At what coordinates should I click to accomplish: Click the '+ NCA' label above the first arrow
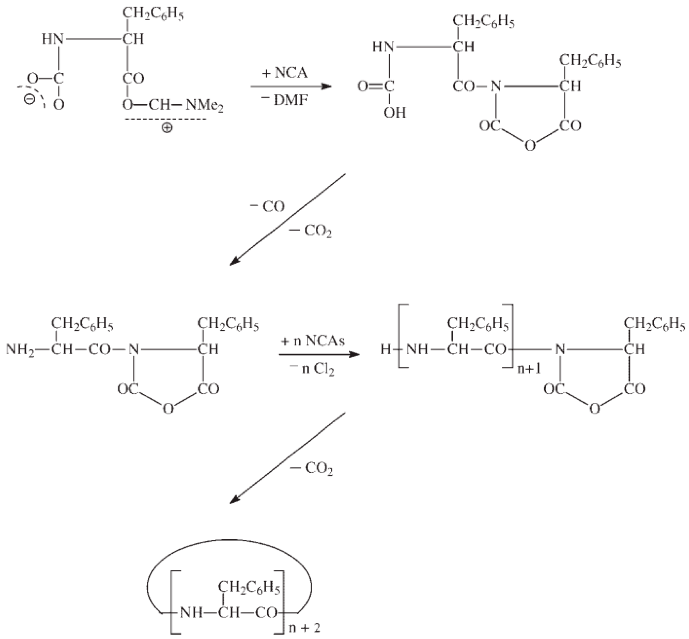[x=285, y=73]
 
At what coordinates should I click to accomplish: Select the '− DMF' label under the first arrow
[x=285, y=100]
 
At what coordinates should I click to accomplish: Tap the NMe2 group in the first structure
[x=204, y=105]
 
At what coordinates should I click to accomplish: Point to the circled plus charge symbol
[x=167, y=128]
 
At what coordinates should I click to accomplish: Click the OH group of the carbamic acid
[x=395, y=113]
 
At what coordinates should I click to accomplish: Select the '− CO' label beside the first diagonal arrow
[x=267, y=207]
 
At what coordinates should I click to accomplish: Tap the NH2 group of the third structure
[x=20, y=350]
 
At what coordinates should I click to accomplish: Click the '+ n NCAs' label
[x=313, y=341]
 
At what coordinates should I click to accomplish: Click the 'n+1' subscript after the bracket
[x=529, y=369]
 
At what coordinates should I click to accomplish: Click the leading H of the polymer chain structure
[x=385, y=350]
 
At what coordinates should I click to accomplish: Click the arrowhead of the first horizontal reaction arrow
[x=327, y=86]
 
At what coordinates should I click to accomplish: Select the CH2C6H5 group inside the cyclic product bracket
[x=249, y=587]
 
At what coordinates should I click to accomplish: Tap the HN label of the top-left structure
[x=53, y=39]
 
